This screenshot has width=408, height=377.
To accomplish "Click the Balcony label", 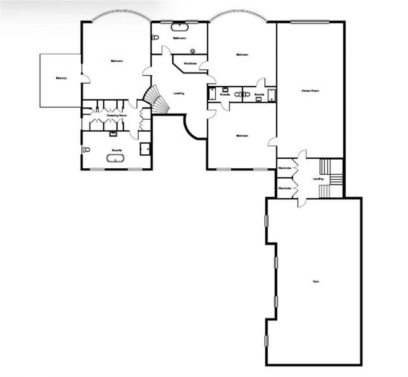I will (61, 78).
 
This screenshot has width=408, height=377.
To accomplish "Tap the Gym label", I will (316, 282).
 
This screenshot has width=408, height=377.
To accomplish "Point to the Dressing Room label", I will (117, 116).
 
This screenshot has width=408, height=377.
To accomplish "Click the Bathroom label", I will (180, 38).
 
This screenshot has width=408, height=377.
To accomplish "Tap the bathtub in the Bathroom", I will (180, 27).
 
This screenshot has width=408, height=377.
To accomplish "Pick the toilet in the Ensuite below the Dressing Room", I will (86, 149).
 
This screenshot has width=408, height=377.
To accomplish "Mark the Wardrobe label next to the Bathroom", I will (190, 64).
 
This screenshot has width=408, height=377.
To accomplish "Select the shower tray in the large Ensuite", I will (146, 149).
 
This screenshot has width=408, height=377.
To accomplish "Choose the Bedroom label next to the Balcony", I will (117, 61).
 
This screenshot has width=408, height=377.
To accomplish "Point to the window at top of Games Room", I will (310, 21).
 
